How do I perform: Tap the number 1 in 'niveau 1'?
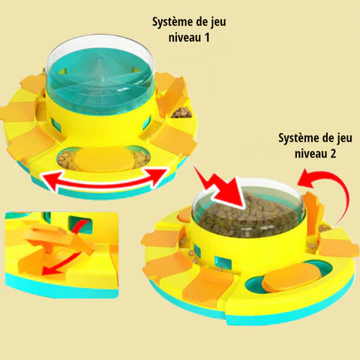tap(206, 37)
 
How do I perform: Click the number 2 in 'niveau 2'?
tap(332, 154)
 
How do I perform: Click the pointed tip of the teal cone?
tap(100, 57)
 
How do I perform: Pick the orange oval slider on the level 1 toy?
tap(103, 159)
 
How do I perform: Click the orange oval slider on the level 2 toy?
tap(292, 277)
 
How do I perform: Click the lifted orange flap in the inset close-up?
tap(59, 236)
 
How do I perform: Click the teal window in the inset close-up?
tap(80, 224)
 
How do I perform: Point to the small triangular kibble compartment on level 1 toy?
tap(182, 112)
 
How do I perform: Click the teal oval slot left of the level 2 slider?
tap(254, 285)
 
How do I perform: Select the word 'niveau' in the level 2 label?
tap(310, 154)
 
